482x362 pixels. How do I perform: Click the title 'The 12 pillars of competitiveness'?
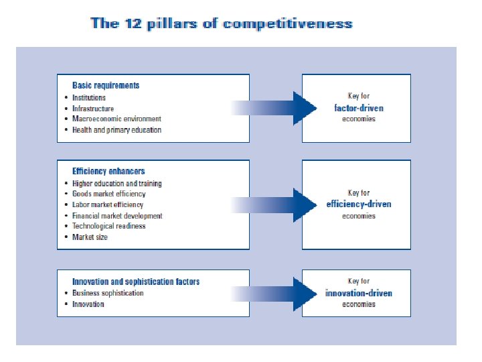click(222, 23)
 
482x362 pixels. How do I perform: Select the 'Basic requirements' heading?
click(106, 86)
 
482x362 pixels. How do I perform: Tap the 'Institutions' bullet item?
click(89, 98)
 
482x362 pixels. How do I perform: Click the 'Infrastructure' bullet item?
click(93, 109)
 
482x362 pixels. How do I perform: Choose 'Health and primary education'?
click(116, 130)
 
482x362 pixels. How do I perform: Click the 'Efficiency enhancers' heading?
click(108, 172)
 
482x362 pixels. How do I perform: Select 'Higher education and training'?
click(117, 183)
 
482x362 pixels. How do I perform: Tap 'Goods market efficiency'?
click(108, 194)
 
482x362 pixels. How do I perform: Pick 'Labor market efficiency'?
click(108, 204)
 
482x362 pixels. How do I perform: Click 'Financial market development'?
click(117, 216)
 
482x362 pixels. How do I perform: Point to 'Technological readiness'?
click(108, 227)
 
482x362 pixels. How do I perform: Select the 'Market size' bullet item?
click(90, 237)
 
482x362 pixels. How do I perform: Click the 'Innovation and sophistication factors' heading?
click(136, 282)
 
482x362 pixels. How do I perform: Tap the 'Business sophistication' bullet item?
click(108, 293)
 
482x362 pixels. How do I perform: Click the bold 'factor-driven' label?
click(359, 108)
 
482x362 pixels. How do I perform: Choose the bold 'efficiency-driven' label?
click(359, 204)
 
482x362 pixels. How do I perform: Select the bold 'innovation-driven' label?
click(359, 293)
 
